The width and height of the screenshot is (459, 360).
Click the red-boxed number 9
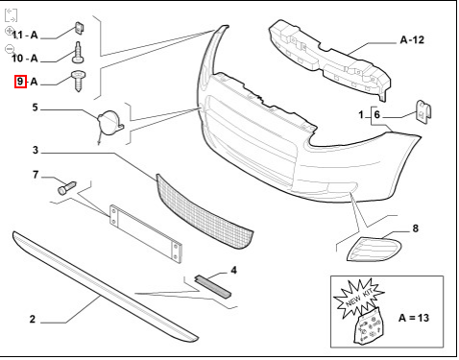[x=20, y=82]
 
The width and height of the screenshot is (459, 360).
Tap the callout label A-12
[x=412, y=39]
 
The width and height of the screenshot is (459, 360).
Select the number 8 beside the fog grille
[x=415, y=228]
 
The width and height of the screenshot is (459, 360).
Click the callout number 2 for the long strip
[x=33, y=319]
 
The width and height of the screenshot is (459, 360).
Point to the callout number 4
[x=233, y=271]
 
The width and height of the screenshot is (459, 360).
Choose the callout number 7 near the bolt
[x=36, y=175]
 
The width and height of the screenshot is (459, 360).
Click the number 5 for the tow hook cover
[x=36, y=108]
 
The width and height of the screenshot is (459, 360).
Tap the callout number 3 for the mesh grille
[x=36, y=150]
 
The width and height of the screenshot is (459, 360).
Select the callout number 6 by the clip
[x=376, y=114]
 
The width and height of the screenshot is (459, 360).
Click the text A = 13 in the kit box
[x=414, y=318]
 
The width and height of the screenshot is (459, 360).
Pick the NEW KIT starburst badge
[x=358, y=299]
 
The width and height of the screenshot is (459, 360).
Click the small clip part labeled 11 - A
[x=79, y=28]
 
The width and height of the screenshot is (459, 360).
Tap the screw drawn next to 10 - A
[x=78, y=53]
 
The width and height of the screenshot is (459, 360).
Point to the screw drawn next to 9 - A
[x=78, y=81]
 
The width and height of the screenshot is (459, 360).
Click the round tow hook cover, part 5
[x=109, y=123]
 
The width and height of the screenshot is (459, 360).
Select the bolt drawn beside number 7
[x=67, y=188]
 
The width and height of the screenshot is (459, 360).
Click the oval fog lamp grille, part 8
[x=374, y=250]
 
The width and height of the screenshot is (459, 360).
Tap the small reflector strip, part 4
[x=212, y=286]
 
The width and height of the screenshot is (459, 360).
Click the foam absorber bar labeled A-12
[x=329, y=60]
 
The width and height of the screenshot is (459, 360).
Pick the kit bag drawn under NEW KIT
[x=369, y=326]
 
